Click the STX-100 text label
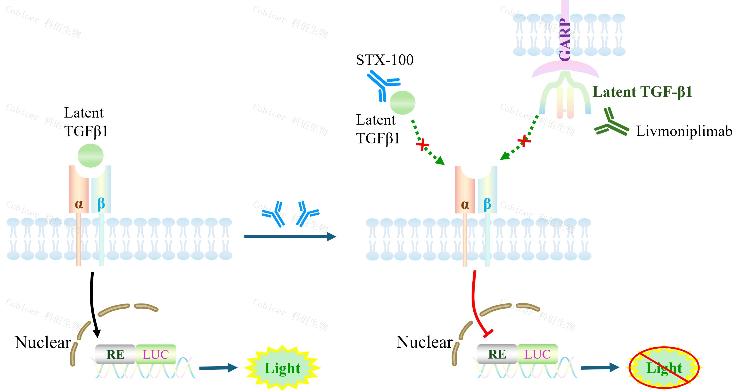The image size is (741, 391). pos(385,60)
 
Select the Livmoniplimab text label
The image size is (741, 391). pos(684,131)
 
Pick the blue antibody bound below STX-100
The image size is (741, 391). pos(383,85)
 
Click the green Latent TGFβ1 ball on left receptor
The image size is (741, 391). pos(90,156)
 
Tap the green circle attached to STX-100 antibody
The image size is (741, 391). pos(403,102)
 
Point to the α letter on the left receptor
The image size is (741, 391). pos(79,204)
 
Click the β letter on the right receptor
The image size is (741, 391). pos(487,204)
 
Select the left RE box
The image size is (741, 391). pos(115,354)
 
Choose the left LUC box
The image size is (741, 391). pos(156,354)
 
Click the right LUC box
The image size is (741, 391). pos(537,354)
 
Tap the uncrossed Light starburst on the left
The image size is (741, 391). pos(282,368)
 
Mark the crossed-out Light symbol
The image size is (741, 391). pos(664,368)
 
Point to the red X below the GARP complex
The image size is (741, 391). pos(524,141)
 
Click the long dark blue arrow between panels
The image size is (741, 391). pos(290,236)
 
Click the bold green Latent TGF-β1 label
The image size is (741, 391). pos(642,92)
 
